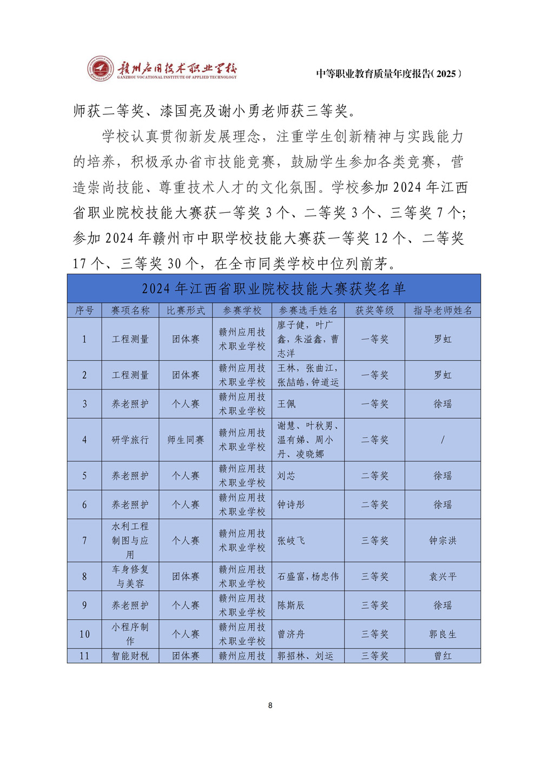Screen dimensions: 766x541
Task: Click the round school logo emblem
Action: [101, 69]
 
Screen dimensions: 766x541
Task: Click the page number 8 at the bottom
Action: [270, 705]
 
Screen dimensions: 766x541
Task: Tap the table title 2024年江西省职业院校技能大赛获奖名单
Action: [274, 289]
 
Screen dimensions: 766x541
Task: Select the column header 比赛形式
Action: [186, 310]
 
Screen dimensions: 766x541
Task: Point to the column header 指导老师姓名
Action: [443, 310]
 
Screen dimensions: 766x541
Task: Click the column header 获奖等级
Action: [374, 310]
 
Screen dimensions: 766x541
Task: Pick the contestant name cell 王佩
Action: [287, 404]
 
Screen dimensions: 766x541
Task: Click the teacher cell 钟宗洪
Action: [443, 541]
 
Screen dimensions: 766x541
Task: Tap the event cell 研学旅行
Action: [130, 440]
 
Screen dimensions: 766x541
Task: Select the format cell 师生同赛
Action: [186, 440]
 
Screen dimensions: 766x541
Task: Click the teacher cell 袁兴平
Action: [443, 577]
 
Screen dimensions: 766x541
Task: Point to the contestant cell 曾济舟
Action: [291, 634]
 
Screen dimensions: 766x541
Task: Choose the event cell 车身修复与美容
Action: [130, 577]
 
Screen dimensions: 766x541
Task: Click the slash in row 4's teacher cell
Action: [443, 440]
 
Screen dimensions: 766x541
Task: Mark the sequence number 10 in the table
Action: [84, 634]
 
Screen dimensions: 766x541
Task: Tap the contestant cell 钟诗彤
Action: [291, 505]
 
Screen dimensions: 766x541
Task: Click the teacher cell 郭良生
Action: [443, 634]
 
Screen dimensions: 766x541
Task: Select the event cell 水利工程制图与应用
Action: [130, 541]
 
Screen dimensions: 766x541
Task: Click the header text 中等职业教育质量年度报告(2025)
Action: [389, 74]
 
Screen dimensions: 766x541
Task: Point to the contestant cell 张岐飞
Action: [291, 541]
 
